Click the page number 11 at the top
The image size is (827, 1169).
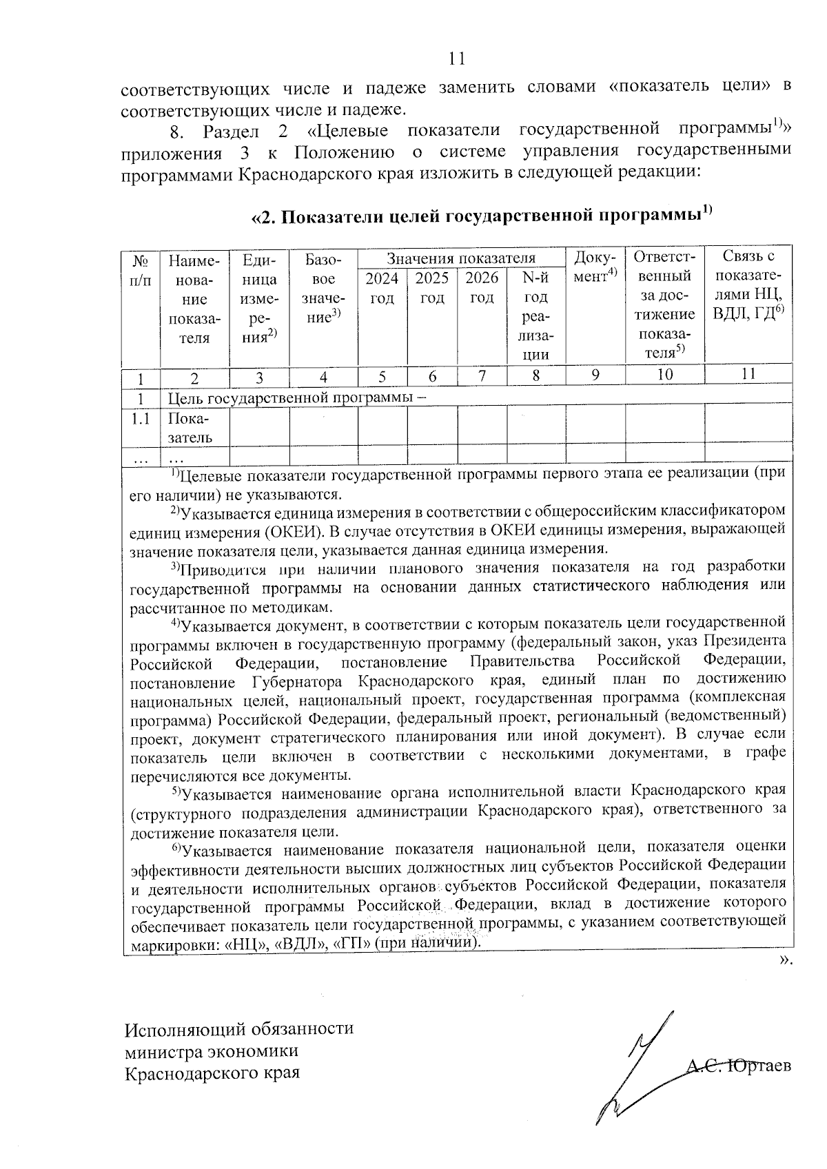click(x=456, y=59)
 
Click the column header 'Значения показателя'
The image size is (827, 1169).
click(x=460, y=258)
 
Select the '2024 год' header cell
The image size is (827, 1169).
click(x=382, y=288)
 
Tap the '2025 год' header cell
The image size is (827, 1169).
click(x=432, y=288)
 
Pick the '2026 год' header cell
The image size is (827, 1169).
click(x=482, y=288)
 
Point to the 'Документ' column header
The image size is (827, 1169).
click(x=595, y=265)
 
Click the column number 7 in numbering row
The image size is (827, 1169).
click(x=482, y=375)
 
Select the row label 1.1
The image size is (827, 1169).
click(x=141, y=419)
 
